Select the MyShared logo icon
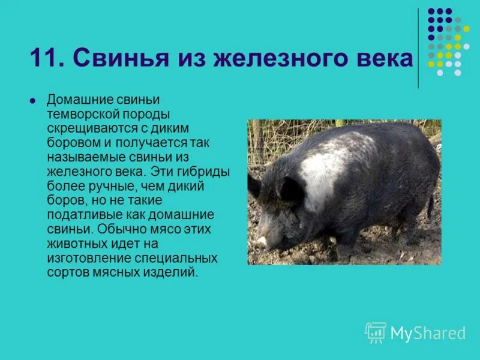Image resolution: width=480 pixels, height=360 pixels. point(376,332)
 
